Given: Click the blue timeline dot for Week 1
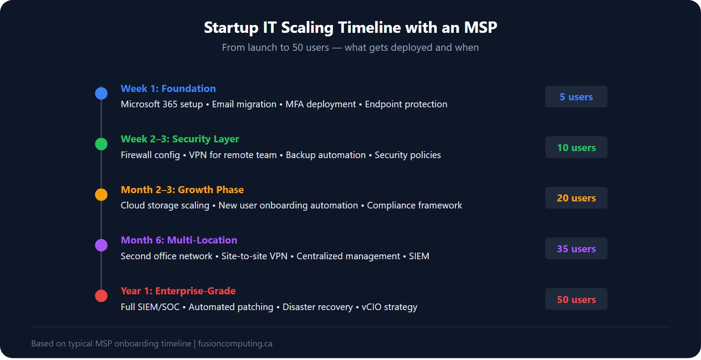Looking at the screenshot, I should coord(101,93).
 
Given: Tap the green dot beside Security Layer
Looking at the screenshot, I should coord(101,144).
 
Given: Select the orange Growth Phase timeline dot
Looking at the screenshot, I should coord(101,194).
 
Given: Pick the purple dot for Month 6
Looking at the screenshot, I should coord(101,245).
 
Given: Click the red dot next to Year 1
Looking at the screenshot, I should coord(101,296).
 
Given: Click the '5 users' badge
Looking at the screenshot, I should coord(576,97).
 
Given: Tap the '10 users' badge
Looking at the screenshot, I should coord(576,148).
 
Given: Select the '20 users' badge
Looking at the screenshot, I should coord(576,198).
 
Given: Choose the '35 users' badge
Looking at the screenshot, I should coord(576,249).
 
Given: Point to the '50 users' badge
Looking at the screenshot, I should coord(576,300).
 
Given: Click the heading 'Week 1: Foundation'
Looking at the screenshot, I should coord(168,88).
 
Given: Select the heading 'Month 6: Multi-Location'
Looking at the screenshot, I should coord(179,240).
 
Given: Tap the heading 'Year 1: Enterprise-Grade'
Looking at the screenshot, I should coord(178,291).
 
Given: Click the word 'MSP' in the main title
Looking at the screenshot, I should coord(480,28).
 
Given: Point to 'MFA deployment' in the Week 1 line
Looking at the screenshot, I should coord(320,104).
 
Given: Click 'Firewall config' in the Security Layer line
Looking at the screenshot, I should coord(150,155).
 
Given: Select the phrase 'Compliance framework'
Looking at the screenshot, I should coord(414,205).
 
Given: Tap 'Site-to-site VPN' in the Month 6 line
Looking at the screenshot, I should coord(254,256).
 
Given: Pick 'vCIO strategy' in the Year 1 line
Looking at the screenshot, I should coord(389,307).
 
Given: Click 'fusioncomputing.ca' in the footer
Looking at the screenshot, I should coord(235,343).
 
